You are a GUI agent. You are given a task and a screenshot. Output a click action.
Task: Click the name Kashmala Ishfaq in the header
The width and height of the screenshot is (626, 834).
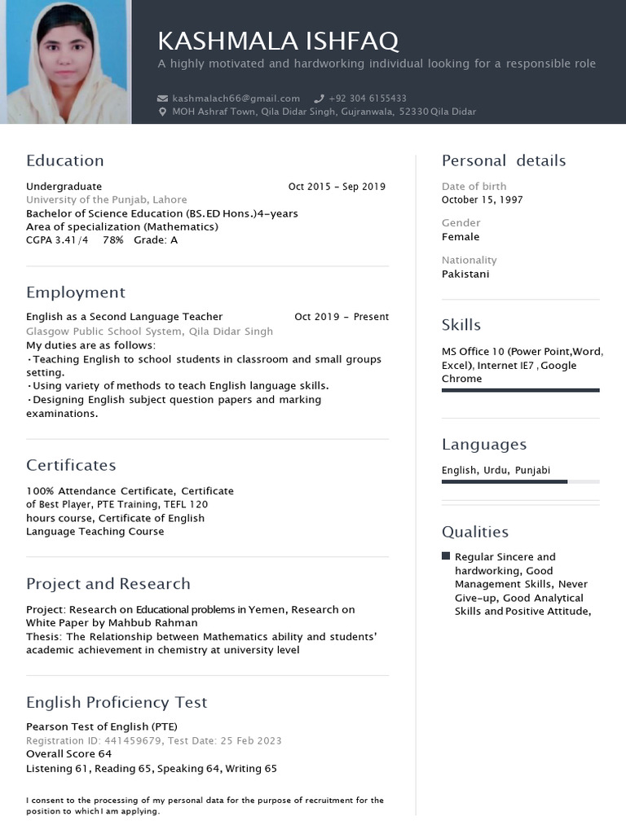pyautogui.click(x=278, y=41)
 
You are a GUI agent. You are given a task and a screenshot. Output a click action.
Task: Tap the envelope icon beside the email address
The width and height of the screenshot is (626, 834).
pyautogui.click(x=162, y=99)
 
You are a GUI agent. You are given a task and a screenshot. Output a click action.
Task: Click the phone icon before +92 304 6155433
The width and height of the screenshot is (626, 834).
pyautogui.click(x=319, y=99)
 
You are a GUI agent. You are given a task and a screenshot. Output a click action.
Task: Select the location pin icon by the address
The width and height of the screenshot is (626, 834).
pyautogui.click(x=162, y=112)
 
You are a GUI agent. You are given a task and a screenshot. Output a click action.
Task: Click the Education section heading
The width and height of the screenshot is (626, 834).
pyautogui.click(x=65, y=160)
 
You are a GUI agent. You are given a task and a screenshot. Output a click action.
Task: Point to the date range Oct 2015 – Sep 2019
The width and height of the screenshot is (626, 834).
pyautogui.click(x=337, y=187)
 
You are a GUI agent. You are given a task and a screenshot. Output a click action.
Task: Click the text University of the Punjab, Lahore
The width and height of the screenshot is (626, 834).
pyautogui.click(x=107, y=200)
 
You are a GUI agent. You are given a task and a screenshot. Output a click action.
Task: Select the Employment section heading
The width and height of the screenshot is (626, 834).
pyautogui.click(x=76, y=292)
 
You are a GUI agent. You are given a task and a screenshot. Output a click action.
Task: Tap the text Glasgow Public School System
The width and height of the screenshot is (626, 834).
pyautogui.click(x=104, y=331)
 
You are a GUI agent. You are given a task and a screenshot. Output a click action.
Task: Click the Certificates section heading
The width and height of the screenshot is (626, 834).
pyautogui.click(x=71, y=465)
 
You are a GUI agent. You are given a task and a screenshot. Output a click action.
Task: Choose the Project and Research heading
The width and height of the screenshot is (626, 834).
pyautogui.click(x=108, y=583)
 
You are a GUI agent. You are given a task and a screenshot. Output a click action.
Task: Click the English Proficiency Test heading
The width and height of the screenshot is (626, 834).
pyautogui.click(x=117, y=702)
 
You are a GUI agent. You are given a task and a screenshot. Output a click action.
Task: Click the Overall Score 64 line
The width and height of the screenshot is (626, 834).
pyautogui.click(x=69, y=754)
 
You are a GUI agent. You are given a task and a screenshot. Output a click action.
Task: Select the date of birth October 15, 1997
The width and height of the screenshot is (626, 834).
pyautogui.click(x=483, y=200)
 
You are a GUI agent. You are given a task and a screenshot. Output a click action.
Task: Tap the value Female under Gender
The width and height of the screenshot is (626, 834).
pyautogui.click(x=461, y=237)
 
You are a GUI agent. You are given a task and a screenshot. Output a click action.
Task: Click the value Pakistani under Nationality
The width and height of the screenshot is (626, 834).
pyautogui.click(x=465, y=274)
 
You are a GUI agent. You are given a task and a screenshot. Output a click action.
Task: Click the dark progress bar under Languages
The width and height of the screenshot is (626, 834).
pyautogui.click(x=505, y=482)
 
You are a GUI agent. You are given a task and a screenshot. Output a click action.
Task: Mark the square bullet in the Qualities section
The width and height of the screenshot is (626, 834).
pyautogui.click(x=446, y=556)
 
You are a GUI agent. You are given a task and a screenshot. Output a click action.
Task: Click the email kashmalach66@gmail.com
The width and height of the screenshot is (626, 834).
pyautogui.click(x=236, y=99)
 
